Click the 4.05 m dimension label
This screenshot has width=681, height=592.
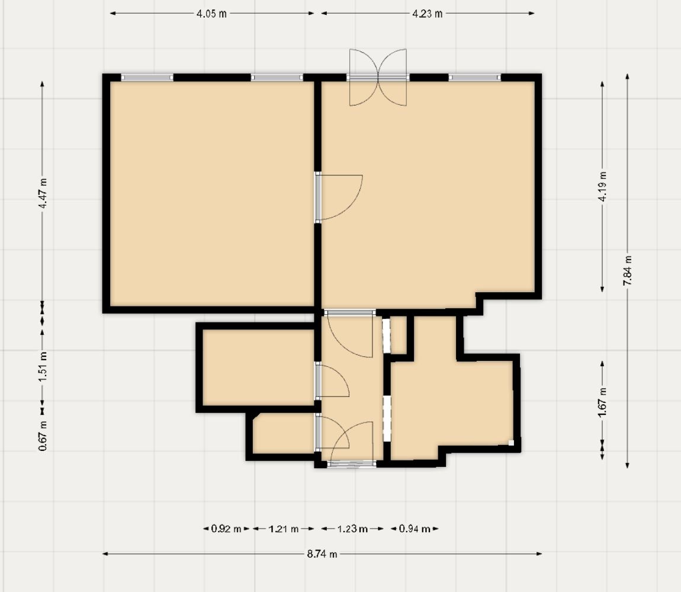pyautogui.click(x=211, y=14)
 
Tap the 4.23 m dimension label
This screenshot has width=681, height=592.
pyautogui.click(x=428, y=14)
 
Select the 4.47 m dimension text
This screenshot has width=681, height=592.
pyautogui.click(x=43, y=193)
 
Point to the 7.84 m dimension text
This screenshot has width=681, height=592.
pyautogui.click(x=628, y=270)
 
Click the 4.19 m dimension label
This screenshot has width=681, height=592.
pyautogui.click(x=603, y=187)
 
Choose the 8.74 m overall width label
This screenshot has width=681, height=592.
pyautogui.click(x=322, y=553)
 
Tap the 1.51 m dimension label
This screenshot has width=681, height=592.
pyautogui.click(x=43, y=367)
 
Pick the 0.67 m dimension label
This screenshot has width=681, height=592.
pyautogui.click(x=43, y=436)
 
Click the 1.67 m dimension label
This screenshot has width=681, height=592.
pyautogui.click(x=603, y=402)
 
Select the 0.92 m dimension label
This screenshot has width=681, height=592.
pyautogui.click(x=226, y=529)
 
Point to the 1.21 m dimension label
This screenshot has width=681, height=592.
pyautogui.click(x=284, y=529)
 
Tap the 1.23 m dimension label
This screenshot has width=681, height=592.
pyautogui.click(x=353, y=529)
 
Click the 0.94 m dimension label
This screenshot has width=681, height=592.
pyautogui.click(x=415, y=529)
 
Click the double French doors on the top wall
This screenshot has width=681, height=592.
pyautogui.click(x=378, y=78)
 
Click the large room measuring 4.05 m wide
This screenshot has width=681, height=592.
pyautogui.click(x=212, y=194)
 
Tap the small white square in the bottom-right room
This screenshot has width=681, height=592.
pyautogui.click(x=511, y=443)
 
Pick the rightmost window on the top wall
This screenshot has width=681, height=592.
pyautogui.click(x=475, y=78)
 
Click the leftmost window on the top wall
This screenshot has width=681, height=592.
pyautogui.click(x=147, y=78)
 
